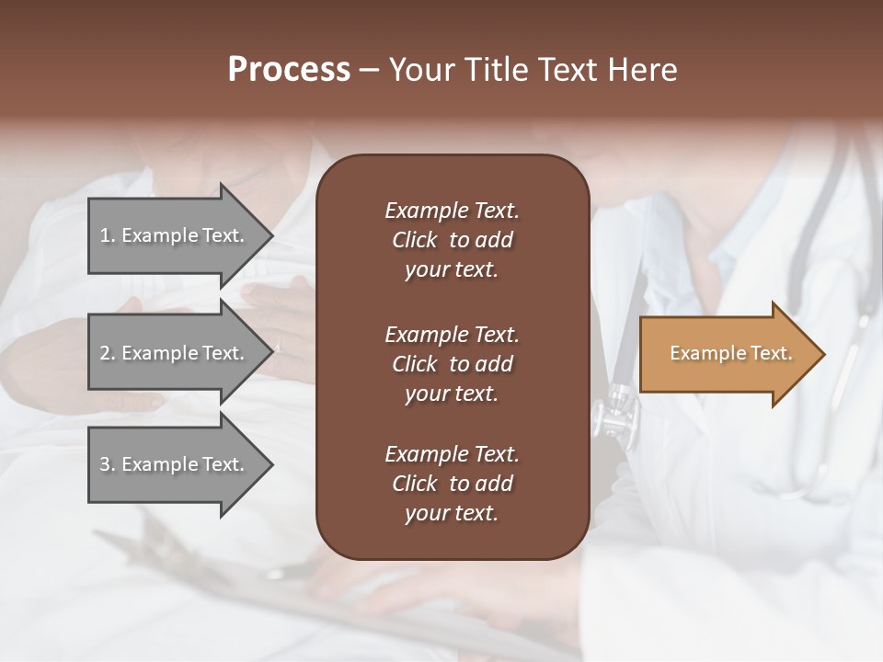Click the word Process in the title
pyautogui.click(x=289, y=70)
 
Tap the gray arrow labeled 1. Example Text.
pyautogui.click(x=175, y=235)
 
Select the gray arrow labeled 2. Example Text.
pyautogui.click(x=175, y=353)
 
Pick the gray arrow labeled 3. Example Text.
pyautogui.click(x=175, y=464)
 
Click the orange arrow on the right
pyautogui.click(x=727, y=354)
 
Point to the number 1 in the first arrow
pyautogui.click(x=105, y=235)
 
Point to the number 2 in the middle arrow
pyautogui.click(x=105, y=353)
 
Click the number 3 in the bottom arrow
pyautogui.click(x=105, y=464)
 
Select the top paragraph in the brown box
pyautogui.click(x=452, y=240)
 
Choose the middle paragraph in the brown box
pyautogui.click(x=452, y=364)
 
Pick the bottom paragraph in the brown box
pyautogui.click(x=452, y=484)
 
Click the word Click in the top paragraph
pyautogui.click(x=414, y=240)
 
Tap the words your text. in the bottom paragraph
pyautogui.click(x=452, y=513)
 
